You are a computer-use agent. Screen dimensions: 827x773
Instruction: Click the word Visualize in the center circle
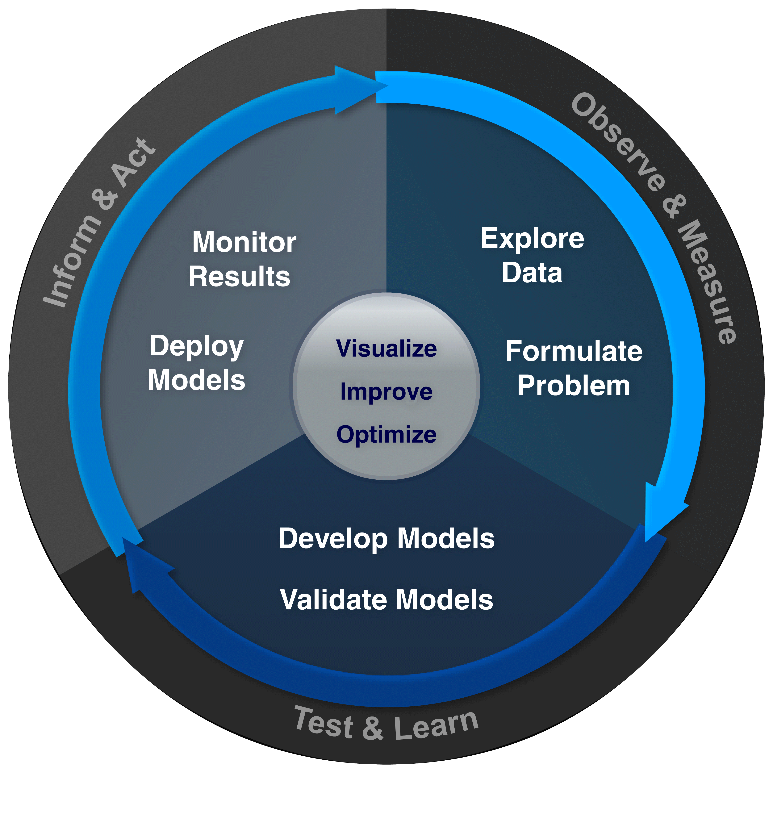pos(386,349)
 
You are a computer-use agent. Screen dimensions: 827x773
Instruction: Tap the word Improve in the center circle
pos(386,392)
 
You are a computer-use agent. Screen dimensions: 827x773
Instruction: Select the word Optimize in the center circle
pos(386,435)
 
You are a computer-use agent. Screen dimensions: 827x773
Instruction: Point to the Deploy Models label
pos(196,363)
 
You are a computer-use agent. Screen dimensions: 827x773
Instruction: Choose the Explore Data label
pos(532,255)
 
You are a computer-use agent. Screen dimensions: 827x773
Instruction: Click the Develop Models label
pos(386,539)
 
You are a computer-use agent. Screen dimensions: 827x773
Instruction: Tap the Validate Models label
pos(386,600)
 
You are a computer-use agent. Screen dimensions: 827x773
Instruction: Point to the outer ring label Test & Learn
pos(386,725)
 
